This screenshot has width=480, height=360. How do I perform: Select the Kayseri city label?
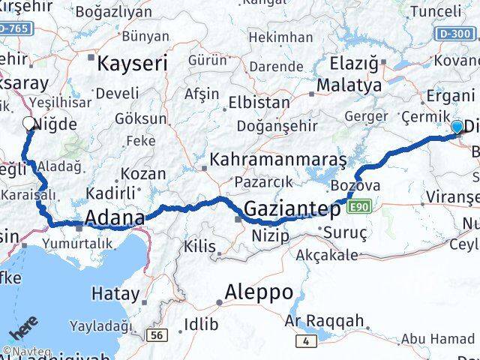coord(133,62)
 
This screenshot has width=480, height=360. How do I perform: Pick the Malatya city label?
coord(349,85)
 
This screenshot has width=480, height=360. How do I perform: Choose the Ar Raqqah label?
coord(325,321)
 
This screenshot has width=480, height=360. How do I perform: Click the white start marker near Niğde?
coord(29,124)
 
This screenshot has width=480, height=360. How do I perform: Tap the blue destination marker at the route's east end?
coord(457,127)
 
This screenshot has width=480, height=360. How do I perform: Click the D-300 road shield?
coord(456,34)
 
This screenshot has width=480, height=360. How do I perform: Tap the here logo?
coord(24,330)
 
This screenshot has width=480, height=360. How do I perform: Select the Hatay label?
coord(114,293)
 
